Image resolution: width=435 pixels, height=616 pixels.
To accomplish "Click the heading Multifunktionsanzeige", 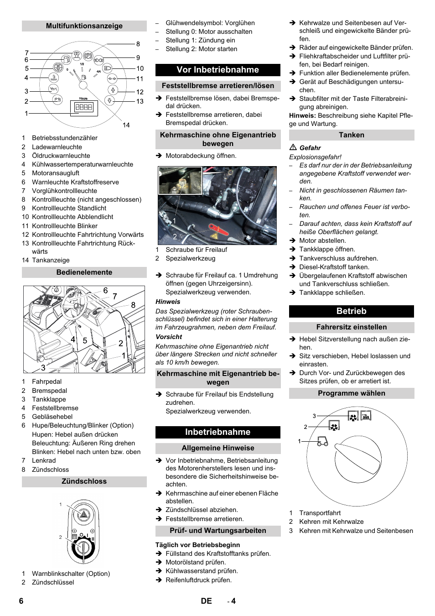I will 84,26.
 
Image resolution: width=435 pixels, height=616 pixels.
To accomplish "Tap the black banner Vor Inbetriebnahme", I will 217,70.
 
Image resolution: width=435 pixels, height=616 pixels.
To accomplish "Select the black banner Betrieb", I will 351,311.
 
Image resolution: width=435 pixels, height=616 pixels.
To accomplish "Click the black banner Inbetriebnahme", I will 217,432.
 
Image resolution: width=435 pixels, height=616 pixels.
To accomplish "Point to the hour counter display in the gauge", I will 83,108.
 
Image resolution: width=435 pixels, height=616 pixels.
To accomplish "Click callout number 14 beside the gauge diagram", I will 126,125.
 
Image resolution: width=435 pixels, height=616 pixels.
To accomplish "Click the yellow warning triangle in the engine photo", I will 214,236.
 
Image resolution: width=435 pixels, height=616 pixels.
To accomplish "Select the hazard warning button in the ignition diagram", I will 83,515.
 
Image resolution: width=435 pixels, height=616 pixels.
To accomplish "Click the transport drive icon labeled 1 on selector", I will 322,441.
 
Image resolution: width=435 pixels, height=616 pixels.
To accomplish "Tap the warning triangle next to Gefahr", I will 293,147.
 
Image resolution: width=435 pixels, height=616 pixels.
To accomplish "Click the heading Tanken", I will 351,135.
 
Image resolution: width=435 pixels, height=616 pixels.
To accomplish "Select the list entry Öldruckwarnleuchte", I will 61,156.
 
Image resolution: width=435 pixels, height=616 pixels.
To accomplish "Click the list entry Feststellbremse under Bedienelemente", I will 55,408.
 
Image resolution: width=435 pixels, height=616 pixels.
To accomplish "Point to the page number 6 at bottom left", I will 21,601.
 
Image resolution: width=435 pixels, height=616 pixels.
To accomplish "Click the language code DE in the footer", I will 206,601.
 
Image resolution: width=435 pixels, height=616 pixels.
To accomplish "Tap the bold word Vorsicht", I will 169,337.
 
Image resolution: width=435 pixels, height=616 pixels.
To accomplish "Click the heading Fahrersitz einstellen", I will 351,327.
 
